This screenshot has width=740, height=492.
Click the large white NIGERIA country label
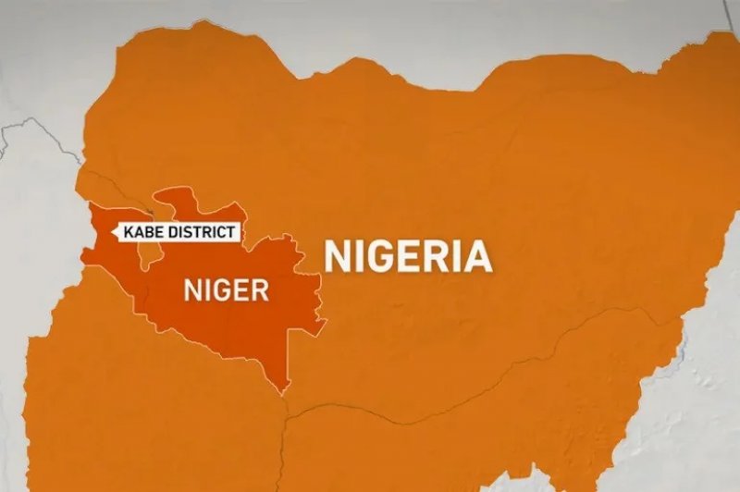pyautogui.click(x=408, y=255)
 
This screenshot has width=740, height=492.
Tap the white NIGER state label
pyautogui.click(x=227, y=290)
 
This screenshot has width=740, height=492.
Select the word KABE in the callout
pyautogui.click(x=142, y=232)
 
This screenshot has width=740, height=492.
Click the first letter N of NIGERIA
pyautogui.click(x=337, y=255)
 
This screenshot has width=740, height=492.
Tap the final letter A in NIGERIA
pyautogui.click(x=477, y=255)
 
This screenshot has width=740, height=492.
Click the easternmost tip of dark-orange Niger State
pyautogui.click(x=327, y=322)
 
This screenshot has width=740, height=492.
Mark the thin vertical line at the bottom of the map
pyautogui.click(x=286, y=453)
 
